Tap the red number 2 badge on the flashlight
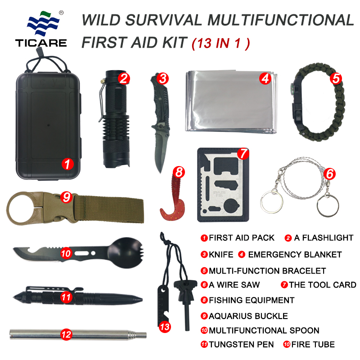pos(124,78)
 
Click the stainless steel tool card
pos(223,187)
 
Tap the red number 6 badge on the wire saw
pos(329,173)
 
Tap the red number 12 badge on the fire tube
pos(66,334)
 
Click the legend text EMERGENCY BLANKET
pos(295,254)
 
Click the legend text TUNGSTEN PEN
pos(241,344)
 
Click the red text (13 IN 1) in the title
pos(221,43)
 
